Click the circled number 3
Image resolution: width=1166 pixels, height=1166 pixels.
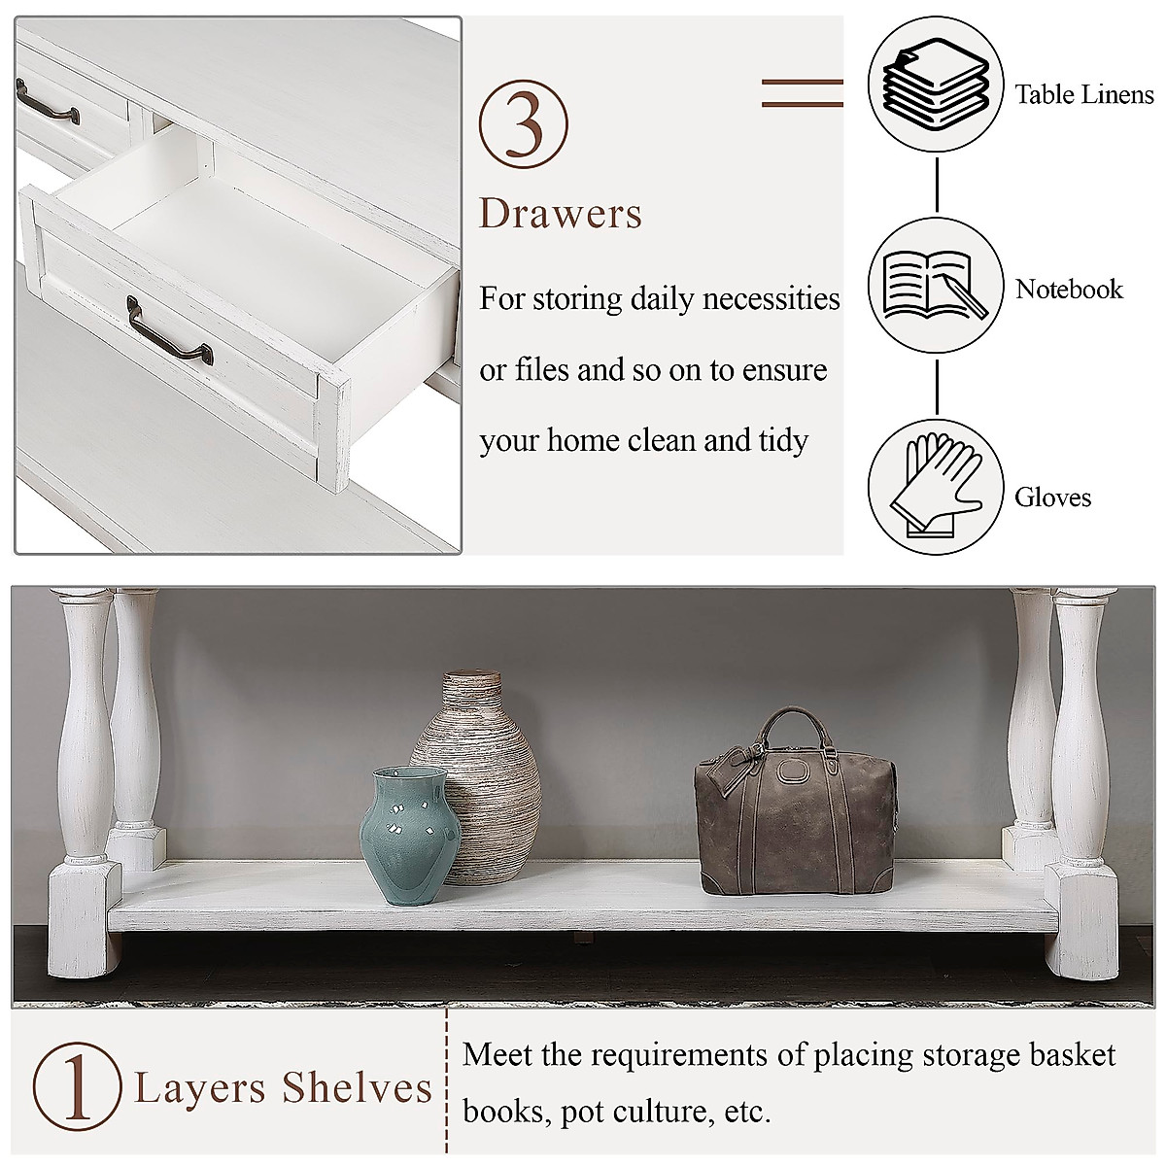523,125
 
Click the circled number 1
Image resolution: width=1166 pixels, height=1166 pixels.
77,1086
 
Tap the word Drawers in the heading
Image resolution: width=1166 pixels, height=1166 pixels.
561,214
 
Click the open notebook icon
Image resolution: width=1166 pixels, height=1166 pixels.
935,285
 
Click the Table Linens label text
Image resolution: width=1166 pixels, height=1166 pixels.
1083,94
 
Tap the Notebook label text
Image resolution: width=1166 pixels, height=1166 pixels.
1069,289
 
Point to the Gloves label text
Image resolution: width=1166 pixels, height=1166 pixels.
1052,497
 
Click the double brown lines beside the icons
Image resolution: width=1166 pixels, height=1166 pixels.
802,93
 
